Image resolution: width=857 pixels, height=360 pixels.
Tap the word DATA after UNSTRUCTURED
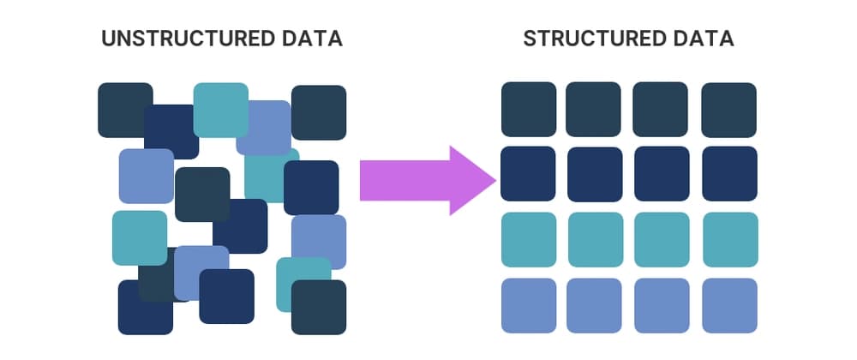315,39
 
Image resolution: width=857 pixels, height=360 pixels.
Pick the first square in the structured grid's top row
528,110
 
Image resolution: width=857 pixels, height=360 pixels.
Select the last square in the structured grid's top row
728,110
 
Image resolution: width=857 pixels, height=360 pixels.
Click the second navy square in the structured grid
595,175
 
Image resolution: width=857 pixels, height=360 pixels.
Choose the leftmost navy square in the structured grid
528,174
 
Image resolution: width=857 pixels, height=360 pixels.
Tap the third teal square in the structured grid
662,239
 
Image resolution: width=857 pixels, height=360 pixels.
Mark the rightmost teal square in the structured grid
729,239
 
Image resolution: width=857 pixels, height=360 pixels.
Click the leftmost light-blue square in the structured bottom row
528,305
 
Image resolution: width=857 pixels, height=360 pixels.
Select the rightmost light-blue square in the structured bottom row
729,305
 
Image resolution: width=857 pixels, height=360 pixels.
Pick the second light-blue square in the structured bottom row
595,305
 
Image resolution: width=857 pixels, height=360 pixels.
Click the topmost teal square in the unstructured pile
219,108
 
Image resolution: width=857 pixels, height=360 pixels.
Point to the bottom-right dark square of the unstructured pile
319,307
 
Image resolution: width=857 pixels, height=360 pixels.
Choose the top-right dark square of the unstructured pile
319,111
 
